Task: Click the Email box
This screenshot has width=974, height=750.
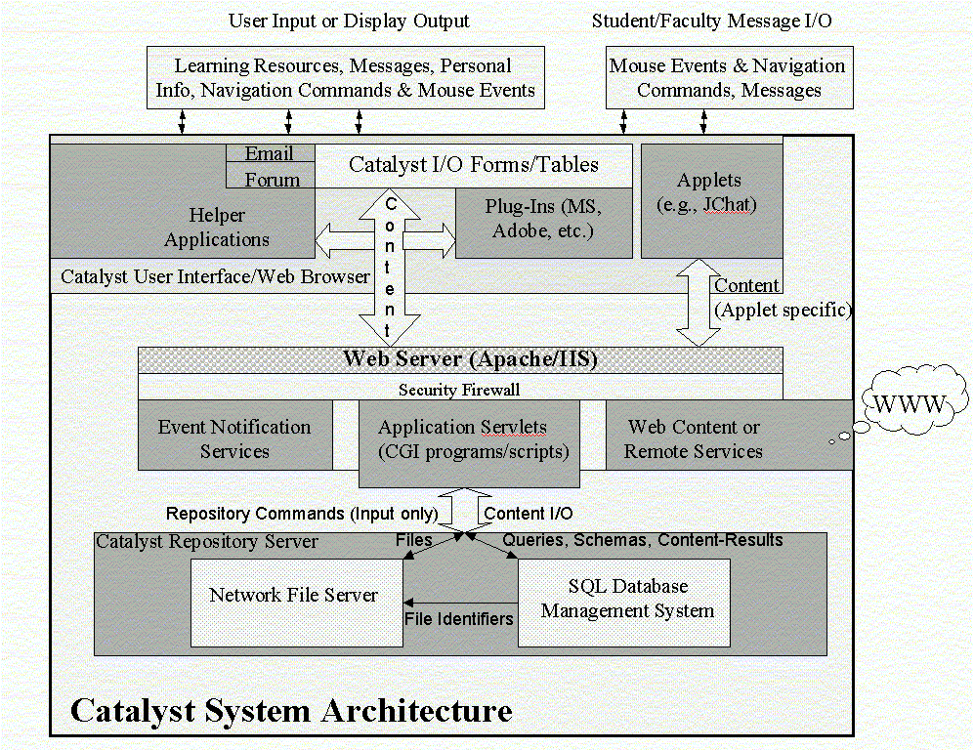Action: [x=270, y=154]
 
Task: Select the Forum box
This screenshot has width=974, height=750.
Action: [x=271, y=178]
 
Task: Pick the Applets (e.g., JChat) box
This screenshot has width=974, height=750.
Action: [x=709, y=192]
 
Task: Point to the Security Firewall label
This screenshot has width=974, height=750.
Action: [x=459, y=389]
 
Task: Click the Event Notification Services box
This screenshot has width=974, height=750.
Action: [x=234, y=438]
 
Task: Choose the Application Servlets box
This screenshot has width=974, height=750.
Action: [x=469, y=439]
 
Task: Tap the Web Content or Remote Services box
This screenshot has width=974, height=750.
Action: [x=694, y=438]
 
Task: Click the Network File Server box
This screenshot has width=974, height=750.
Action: [x=295, y=596]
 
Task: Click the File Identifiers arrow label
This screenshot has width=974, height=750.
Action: [x=459, y=618]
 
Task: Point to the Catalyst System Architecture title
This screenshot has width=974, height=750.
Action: [x=291, y=709]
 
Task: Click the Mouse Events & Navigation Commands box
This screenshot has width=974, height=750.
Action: [x=728, y=78]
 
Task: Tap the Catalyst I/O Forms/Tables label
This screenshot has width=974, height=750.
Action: [x=474, y=164]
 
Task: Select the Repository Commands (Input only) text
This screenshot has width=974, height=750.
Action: [x=302, y=513]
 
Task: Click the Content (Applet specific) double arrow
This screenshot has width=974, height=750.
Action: [x=698, y=303]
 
